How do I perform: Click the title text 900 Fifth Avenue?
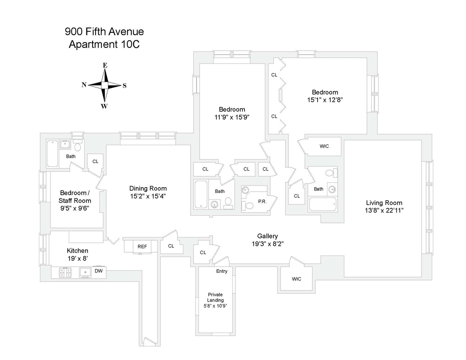[104, 32]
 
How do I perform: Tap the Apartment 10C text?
[104, 44]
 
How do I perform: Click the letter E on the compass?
[105, 66]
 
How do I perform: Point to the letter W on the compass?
[104, 106]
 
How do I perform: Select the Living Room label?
[384, 203]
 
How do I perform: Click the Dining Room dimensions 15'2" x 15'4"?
[148, 196]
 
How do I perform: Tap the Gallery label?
[267, 236]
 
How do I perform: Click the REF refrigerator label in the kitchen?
[142, 247]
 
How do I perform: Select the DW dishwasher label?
[98, 271]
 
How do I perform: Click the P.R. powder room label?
[262, 202]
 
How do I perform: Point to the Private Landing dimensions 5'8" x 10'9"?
[215, 306]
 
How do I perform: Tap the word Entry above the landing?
[221, 271]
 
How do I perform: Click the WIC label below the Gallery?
[296, 279]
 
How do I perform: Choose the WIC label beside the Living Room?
[324, 146]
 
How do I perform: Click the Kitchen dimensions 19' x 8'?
[77, 258]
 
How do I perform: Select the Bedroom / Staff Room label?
[75, 197]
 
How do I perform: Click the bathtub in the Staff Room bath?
[53, 154]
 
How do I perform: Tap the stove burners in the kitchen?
[65, 273]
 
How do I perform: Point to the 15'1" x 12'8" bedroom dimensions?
[324, 100]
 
